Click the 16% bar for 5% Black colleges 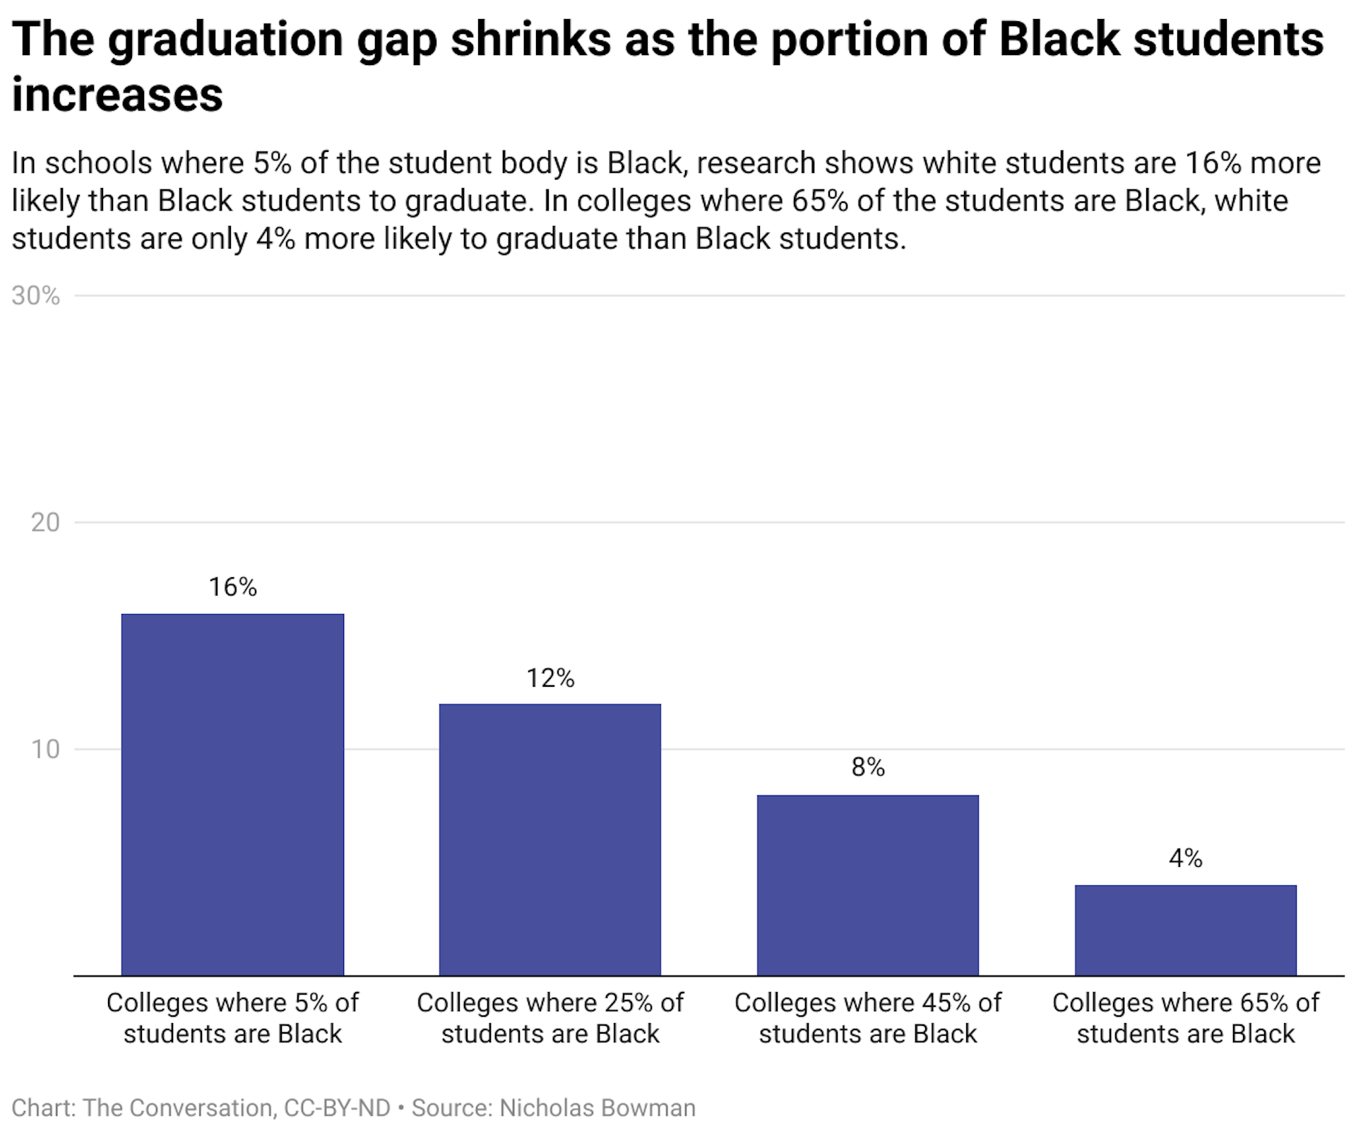pos(232,794)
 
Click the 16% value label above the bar pos(232,586)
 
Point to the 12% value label pos(550,678)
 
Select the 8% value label pos(867,767)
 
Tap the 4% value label pos(1185,858)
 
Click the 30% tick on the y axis pos(35,296)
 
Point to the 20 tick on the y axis pos(44,523)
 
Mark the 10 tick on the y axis pos(44,749)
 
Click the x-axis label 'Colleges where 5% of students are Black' pos(232,1018)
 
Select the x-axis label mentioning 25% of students pos(549,1018)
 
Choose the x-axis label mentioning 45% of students pos(867,1018)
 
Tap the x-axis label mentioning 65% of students pos(1185,1018)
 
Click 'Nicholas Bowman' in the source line pos(597,1107)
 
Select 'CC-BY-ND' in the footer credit pos(337,1107)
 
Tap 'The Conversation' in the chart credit pos(178,1107)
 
